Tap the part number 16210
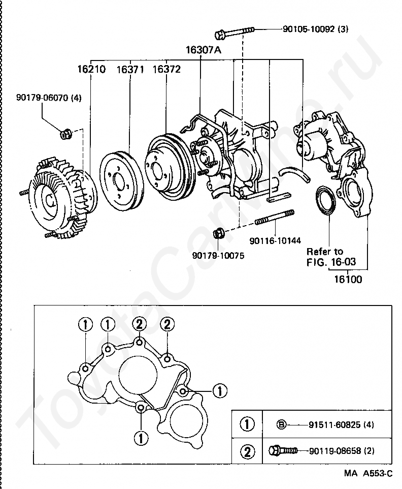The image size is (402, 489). (x=91, y=69)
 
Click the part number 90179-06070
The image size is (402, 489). (x=48, y=97)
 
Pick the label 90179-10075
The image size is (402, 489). (x=218, y=256)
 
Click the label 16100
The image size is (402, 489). (x=348, y=279)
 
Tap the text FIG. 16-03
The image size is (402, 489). (x=330, y=262)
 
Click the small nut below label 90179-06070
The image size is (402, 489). (x=65, y=135)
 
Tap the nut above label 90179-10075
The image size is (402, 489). (x=219, y=233)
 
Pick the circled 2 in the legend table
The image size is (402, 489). (x=247, y=450)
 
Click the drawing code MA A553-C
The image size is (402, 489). (x=367, y=474)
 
